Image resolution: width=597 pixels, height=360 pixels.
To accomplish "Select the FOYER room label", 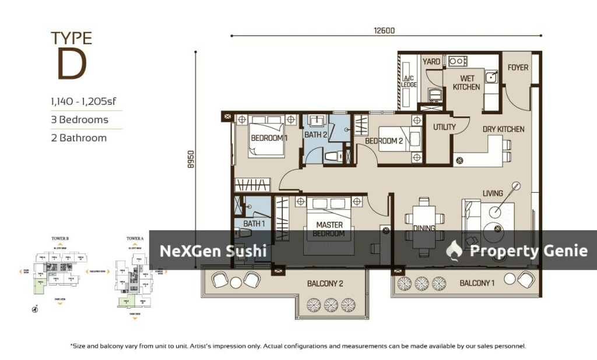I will coord(518,68).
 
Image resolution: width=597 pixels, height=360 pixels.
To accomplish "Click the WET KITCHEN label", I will coord(467,83).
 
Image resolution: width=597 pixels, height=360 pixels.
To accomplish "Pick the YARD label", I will coord(431,62).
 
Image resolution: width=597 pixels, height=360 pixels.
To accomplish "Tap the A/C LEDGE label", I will coord(409,81).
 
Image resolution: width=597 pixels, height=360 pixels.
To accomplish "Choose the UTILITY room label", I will coord(444,127).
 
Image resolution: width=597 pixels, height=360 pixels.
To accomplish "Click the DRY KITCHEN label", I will coord(503,129).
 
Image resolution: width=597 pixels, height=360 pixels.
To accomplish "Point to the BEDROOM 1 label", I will coord(269,139).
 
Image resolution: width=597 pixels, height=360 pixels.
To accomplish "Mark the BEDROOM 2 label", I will coord(384,141).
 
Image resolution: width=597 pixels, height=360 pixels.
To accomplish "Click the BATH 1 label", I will coord(254,224).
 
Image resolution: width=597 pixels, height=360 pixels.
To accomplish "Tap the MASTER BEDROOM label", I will coord(330,229).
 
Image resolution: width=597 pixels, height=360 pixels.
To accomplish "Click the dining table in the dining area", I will coord(424,228).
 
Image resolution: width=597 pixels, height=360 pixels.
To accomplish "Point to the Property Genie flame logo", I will coord(454,250).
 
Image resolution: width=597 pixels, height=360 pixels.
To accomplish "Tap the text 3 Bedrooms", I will coord(79,120).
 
